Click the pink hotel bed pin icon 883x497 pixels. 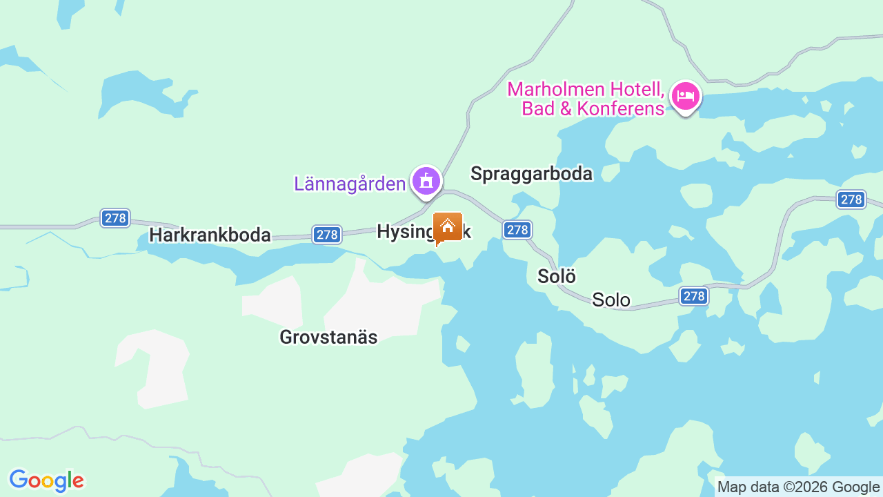(685, 97)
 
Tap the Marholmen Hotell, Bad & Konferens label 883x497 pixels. (586, 99)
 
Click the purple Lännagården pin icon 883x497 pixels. (426, 181)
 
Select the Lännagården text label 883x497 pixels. (350, 184)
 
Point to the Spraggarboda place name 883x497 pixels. (531, 174)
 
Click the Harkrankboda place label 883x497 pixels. (210, 235)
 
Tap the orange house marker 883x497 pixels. (448, 227)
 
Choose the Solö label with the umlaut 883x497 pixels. (556, 276)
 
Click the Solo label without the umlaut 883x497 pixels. (611, 300)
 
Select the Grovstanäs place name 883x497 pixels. (328, 337)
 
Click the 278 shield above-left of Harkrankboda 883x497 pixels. (115, 218)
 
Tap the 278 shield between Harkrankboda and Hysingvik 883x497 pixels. (327, 235)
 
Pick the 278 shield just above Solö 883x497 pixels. (517, 230)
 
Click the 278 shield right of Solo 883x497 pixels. (693, 296)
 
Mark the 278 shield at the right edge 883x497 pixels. (851, 199)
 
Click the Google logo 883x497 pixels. (46, 480)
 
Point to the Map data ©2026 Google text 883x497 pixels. (798, 487)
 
